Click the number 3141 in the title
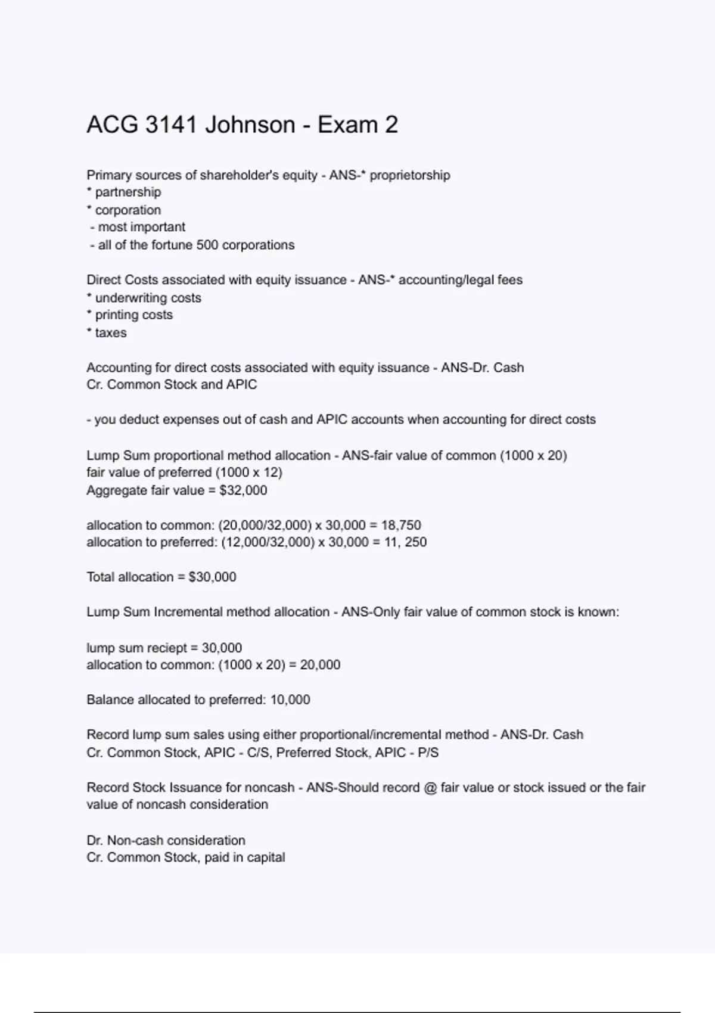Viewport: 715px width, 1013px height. tap(171, 125)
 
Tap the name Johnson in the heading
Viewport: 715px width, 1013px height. tap(250, 125)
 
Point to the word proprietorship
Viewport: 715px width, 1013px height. tap(410, 176)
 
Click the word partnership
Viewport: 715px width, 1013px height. tap(128, 192)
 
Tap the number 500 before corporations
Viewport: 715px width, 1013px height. tap(207, 245)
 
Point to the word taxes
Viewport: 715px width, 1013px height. tap(111, 333)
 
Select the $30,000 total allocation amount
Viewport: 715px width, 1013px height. tap(212, 577)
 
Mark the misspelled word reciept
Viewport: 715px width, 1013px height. tap(167, 648)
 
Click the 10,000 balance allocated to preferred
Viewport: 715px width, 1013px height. tap(290, 700)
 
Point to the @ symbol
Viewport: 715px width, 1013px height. tap(430, 788)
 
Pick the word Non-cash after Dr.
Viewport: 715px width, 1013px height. tap(135, 841)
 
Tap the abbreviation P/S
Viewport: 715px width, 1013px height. tap(428, 753)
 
